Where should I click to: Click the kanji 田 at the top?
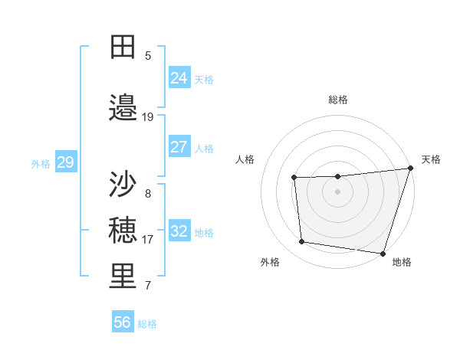pyautogui.click(x=123, y=47)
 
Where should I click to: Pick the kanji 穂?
pyautogui.click(x=123, y=230)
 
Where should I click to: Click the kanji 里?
pyautogui.click(x=123, y=277)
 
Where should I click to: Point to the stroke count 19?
pyautogui.click(x=148, y=116)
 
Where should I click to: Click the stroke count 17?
pyautogui.click(x=148, y=239)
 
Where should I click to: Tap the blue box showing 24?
pyautogui.click(x=179, y=78)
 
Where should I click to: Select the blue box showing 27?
pyautogui.click(x=179, y=147)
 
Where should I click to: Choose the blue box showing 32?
pyautogui.click(x=179, y=231)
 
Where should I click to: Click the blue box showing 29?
pyautogui.click(x=65, y=162)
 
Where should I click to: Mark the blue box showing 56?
pyautogui.click(x=122, y=322)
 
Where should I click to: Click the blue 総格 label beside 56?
pyautogui.click(x=147, y=324)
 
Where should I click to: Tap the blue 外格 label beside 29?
pyautogui.click(x=41, y=163)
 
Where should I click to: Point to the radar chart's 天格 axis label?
pyautogui.click(x=431, y=159)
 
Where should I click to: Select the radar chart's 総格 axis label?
pyautogui.click(x=337, y=100)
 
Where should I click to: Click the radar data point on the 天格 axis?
pyautogui.click(x=410, y=169)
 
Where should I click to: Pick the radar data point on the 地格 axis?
pyautogui.click(x=383, y=253)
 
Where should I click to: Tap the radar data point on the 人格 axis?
pyautogui.click(x=294, y=178)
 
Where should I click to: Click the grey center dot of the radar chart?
pyautogui.click(x=337, y=191)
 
